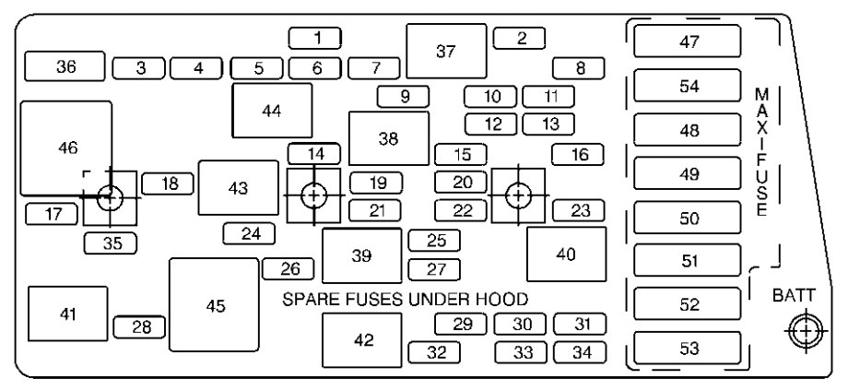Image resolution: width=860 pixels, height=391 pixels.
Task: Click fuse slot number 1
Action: pyautogui.click(x=315, y=38)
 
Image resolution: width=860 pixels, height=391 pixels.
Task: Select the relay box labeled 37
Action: pyautogui.click(x=446, y=52)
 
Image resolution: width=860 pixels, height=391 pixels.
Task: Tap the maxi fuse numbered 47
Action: pyautogui.click(x=690, y=41)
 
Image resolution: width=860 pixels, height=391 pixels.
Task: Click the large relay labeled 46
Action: pyautogui.click(x=66, y=148)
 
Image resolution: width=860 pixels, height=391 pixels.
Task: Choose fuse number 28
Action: pyautogui.click(x=140, y=327)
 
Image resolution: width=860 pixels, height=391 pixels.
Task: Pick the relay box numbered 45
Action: pyautogui.click(x=215, y=305)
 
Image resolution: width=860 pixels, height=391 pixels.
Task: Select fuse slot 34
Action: pyautogui.click(x=579, y=351)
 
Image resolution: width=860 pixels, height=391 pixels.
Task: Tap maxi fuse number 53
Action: pyautogui.click(x=690, y=350)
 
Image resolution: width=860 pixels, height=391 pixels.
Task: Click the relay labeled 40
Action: pyautogui.click(x=566, y=254)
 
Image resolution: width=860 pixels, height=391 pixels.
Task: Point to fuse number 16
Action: pyautogui.click(x=579, y=154)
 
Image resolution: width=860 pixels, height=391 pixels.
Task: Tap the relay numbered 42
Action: pyautogui.click(x=362, y=340)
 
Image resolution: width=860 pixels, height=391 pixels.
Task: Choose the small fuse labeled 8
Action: pyautogui.click(x=579, y=67)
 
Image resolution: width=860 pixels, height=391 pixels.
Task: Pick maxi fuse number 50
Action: pyautogui.click(x=690, y=219)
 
